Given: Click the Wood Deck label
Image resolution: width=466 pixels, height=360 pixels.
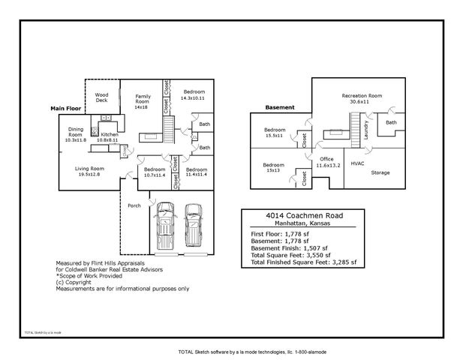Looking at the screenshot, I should (x=101, y=97).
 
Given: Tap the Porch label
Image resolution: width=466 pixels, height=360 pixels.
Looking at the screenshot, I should (x=134, y=205).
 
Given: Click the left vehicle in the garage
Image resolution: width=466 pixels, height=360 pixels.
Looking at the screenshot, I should (x=163, y=226).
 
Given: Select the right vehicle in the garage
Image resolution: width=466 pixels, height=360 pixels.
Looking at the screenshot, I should (x=194, y=225).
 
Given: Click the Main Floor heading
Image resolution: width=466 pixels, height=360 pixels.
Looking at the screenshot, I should (x=67, y=109).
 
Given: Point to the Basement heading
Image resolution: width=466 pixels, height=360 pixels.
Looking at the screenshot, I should (x=279, y=107).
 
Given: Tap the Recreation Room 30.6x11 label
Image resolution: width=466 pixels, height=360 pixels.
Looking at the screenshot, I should (x=362, y=98).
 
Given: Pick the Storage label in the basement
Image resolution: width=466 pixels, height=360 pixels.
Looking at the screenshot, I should (x=380, y=172).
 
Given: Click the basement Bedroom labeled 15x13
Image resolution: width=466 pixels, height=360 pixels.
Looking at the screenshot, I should (x=273, y=167).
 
